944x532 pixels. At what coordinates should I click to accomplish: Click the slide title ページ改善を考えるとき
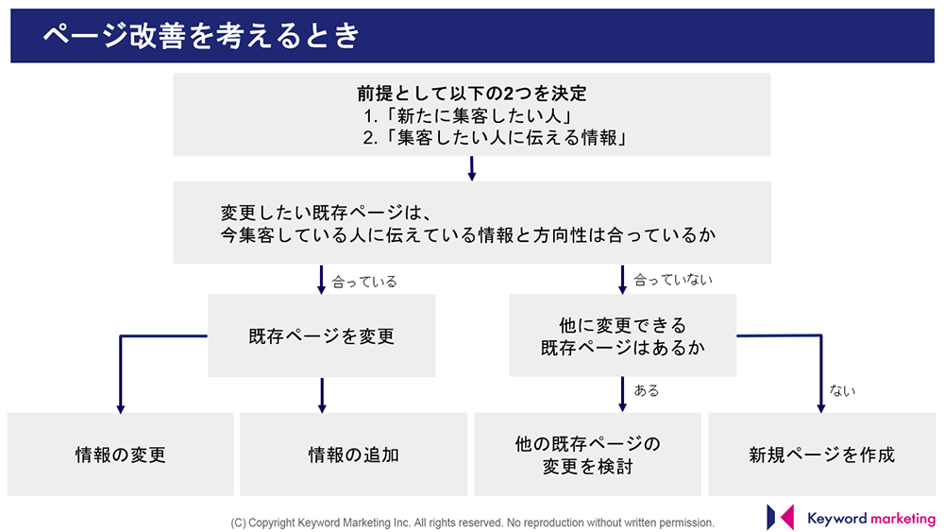(201, 36)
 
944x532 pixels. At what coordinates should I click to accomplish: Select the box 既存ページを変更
(322, 335)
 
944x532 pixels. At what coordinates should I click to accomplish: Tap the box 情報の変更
(121, 455)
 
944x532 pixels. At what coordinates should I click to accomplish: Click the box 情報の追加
(353, 455)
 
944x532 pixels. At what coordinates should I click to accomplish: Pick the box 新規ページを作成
(822, 455)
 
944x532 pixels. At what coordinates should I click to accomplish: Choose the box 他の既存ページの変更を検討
(587, 455)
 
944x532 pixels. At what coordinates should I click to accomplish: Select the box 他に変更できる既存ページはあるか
(622, 335)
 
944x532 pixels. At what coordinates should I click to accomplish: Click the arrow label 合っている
(364, 282)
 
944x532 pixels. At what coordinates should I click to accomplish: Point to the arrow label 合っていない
(673, 280)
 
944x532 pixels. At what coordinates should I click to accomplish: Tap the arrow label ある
(647, 390)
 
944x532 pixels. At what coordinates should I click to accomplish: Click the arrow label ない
(842, 390)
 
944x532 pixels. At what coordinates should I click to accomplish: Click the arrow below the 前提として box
(472, 169)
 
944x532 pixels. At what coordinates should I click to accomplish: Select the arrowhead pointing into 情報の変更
(121, 409)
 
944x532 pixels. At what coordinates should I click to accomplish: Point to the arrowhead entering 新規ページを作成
(820, 409)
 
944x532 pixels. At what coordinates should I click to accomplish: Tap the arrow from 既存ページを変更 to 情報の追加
(322, 395)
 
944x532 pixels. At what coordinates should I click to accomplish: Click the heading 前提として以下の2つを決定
(472, 94)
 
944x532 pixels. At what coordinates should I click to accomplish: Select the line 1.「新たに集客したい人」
(467, 115)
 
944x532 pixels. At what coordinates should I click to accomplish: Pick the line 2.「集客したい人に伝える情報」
(495, 138)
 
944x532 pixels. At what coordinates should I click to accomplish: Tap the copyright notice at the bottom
(472, 523)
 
